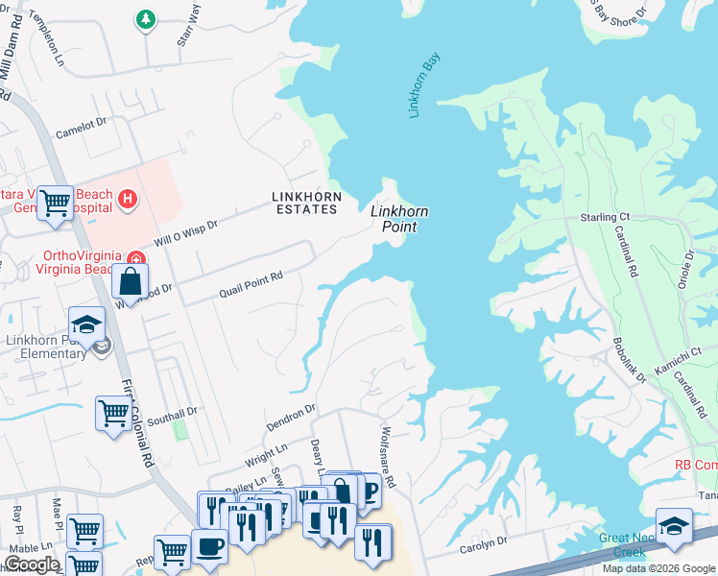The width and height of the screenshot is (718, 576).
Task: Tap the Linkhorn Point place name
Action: point(399,218)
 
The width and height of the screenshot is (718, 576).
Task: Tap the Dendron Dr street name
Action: point(291,419)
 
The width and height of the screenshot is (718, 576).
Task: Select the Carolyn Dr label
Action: point(482,543)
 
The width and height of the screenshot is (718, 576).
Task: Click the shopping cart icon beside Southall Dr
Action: point(113,412)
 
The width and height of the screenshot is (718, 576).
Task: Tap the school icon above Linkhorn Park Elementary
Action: point(86,324)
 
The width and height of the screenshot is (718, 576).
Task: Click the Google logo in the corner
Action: point(31,564)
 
